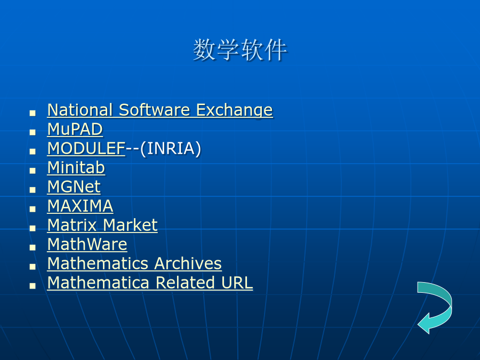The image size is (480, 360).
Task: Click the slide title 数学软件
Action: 240,50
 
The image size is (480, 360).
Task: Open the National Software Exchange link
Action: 160,110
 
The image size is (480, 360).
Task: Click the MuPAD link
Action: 75,129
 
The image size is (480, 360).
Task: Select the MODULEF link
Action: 86,148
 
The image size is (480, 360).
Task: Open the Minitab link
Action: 76,168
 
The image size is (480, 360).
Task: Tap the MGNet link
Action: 74,187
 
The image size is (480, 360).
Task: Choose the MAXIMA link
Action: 80,206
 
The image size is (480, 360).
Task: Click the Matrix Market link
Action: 102,225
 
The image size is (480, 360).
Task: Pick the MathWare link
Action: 87,244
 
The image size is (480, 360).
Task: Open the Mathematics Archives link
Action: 135,263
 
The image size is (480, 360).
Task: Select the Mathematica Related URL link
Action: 150,283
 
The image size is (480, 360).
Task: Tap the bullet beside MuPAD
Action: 33,132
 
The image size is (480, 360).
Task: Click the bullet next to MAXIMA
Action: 33,209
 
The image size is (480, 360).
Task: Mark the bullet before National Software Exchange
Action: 33,113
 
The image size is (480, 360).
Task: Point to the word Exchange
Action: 235,110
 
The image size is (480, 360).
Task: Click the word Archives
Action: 188,263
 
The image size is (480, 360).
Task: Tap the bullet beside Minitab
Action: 33,171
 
